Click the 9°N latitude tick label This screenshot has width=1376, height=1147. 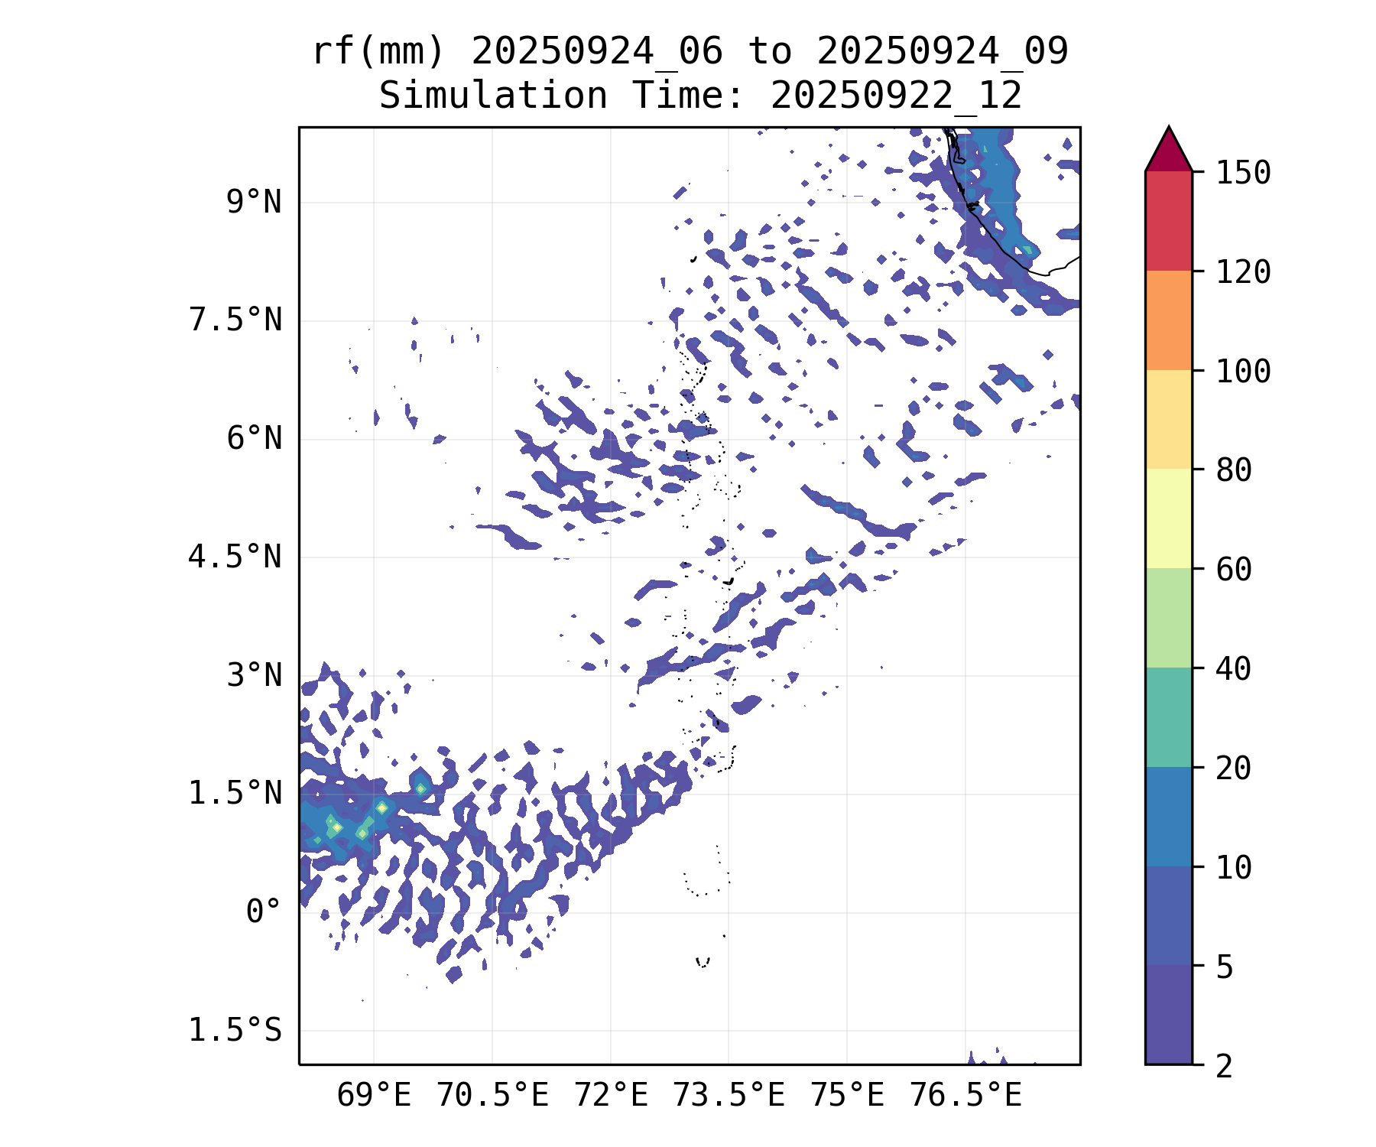point(254,203)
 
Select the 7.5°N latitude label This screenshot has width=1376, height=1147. point(235,320)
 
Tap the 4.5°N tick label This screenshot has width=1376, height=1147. point(235,557)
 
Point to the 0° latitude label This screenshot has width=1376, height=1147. point(264,912)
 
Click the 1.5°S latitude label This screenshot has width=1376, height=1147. point(235,1031)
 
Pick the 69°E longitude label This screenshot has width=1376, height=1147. point(374,1096)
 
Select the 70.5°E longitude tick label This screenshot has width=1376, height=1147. point(492,1096)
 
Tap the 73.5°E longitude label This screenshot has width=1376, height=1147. point(729,1096)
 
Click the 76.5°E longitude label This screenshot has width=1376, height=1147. point(965,1096)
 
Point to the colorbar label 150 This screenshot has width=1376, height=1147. point(1243,173)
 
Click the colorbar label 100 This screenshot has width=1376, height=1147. point(1243,372)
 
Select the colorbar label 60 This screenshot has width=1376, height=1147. point(1234,570)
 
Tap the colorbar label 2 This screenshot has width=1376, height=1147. point(1225,1066)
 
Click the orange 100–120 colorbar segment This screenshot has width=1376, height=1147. point(1168,320)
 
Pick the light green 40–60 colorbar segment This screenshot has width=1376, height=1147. point(1168,618)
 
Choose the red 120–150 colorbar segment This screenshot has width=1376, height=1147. point(1168,221)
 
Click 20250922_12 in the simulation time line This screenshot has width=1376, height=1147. point(896,96)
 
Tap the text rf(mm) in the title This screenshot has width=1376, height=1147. point(378,52)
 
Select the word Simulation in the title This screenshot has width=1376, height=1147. point(493,96)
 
